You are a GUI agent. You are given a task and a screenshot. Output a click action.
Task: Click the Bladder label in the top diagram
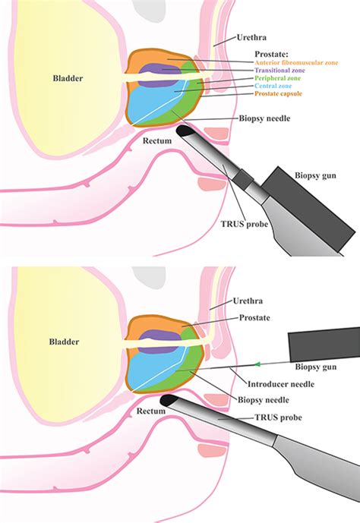click(x=68, y=77)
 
